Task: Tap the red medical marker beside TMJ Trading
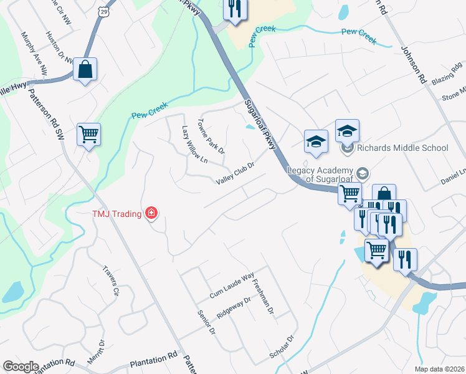pos(150,214)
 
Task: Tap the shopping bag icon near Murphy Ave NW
pos(85,69)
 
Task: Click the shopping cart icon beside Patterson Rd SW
pos(88,133)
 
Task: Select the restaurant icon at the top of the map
pos(234,9)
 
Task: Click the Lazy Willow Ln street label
pos(194,144)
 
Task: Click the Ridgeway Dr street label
pos(233,308)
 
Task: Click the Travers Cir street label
pos(112,282)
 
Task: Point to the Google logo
pos(21,367)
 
